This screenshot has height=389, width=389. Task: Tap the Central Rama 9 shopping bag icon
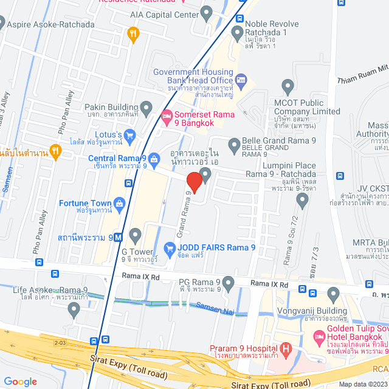(154, 159)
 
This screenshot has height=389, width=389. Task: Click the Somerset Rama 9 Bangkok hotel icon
(166, 114)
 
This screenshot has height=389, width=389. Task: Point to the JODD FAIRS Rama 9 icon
(170, 247)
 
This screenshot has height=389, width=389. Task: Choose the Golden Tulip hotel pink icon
(319, 336)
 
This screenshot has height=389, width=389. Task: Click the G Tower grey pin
(135, 234)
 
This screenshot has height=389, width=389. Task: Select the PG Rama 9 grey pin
(229, 283)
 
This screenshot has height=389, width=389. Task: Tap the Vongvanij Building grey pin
(333, 295)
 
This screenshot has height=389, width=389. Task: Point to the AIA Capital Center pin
(207, 13)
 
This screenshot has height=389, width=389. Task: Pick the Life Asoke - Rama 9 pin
(74, 310)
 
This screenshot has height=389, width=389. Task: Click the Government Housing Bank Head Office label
(193, 76)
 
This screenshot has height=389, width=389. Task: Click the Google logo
(20, 381)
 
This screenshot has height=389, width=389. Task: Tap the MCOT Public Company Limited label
(307, 107)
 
